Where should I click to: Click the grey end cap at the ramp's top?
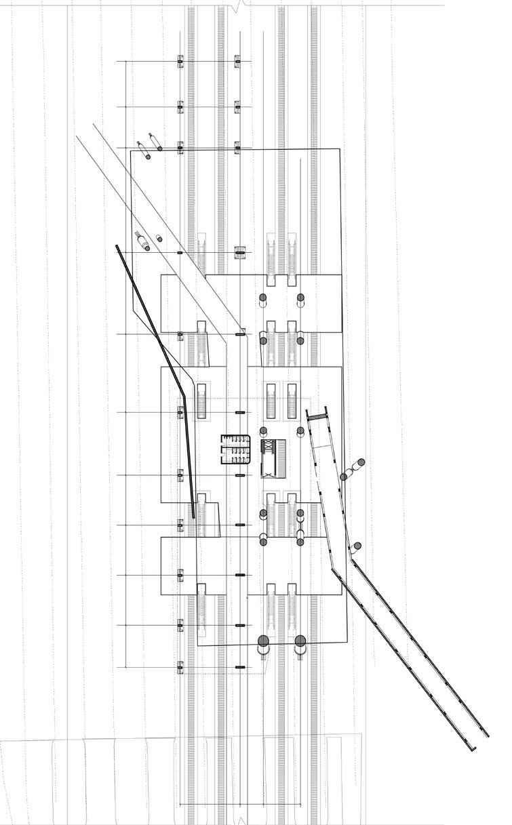[317, 414]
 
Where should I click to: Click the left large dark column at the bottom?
[264, 641]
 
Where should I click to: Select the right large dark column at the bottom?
[300, 641]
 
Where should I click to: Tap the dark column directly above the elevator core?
[263, 431]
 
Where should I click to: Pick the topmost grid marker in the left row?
[180, 62]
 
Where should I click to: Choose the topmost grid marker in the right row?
[237, 62]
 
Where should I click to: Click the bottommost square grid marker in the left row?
[180, 667]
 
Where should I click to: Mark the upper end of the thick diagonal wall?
[118, 248]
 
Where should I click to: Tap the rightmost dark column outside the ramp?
[361, 463]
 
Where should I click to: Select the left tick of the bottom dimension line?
[179, 805]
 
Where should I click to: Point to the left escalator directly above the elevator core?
[271, 401]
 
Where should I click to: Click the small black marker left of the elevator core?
[239, 475]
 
